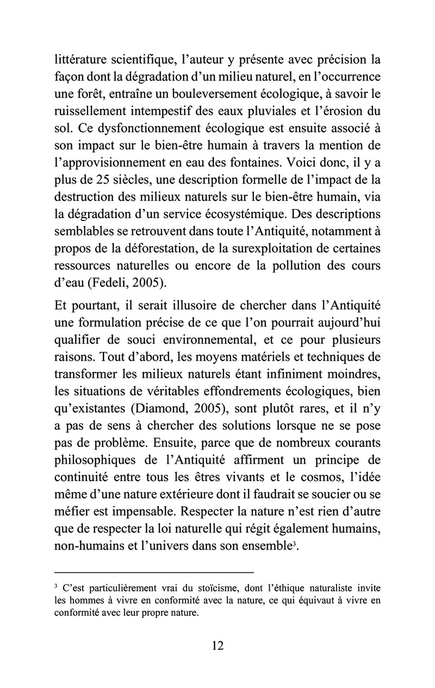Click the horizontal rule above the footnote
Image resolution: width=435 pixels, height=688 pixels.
coord(154,572)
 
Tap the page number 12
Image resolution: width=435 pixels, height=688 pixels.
coord(217,645)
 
